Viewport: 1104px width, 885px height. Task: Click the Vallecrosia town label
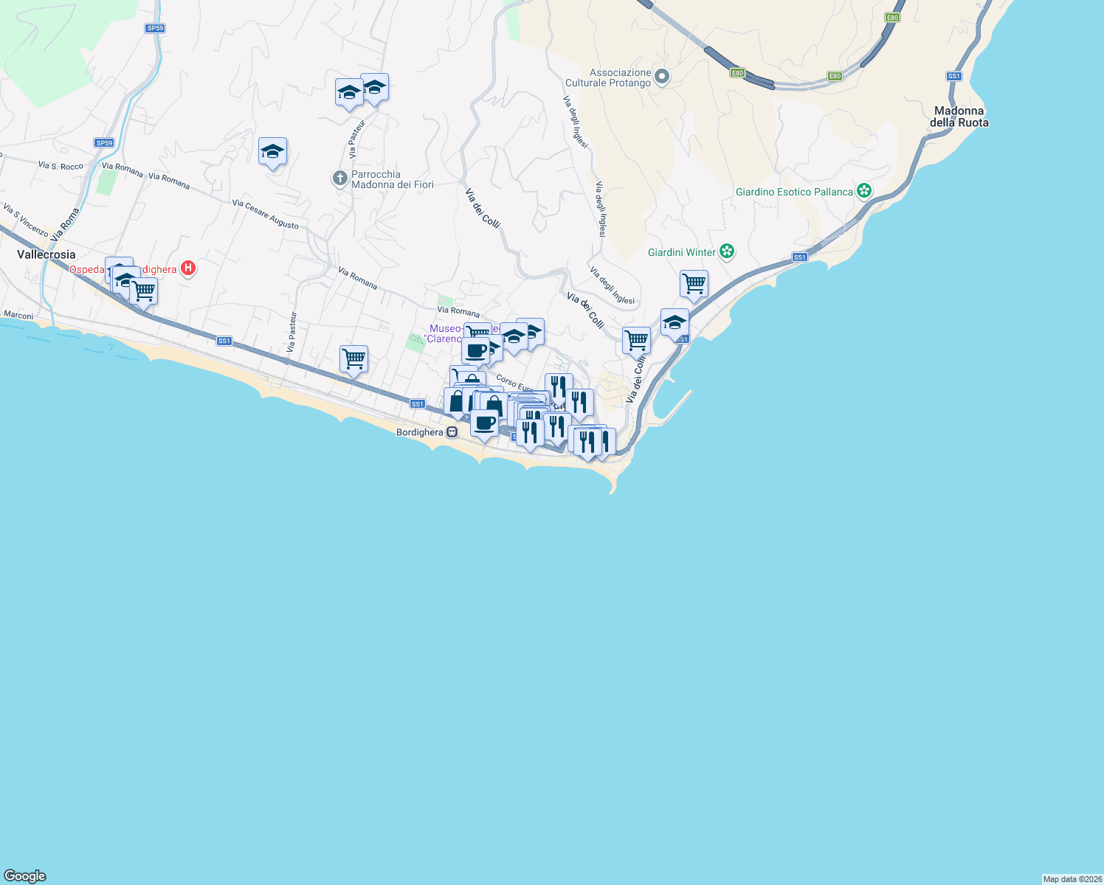46,254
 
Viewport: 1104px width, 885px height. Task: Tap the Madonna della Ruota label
959,117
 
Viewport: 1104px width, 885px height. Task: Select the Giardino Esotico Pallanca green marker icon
864,192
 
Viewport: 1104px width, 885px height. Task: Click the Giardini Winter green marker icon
727,252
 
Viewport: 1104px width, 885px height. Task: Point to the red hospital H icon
188,268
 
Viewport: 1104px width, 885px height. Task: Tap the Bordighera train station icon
452,432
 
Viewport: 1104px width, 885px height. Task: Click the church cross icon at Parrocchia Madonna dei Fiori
340,178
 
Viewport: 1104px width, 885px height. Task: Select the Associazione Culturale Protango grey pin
662,77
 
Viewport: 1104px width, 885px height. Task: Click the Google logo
25,876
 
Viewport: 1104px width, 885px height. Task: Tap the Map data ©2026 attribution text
1072,879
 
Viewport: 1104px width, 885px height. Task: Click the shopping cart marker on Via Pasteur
353,360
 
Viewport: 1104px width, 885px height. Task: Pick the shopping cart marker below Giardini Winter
694,284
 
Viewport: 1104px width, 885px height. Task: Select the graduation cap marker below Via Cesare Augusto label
272,152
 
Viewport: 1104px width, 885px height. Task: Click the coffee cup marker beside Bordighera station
484,424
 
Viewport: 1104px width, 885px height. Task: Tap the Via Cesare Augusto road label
266,214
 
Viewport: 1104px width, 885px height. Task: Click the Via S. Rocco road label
61,166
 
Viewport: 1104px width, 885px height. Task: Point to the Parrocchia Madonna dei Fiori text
392,179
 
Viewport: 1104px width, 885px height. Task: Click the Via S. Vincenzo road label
25,221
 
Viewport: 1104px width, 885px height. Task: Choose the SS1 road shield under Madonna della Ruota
953,76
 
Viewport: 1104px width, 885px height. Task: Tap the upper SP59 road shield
154,28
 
